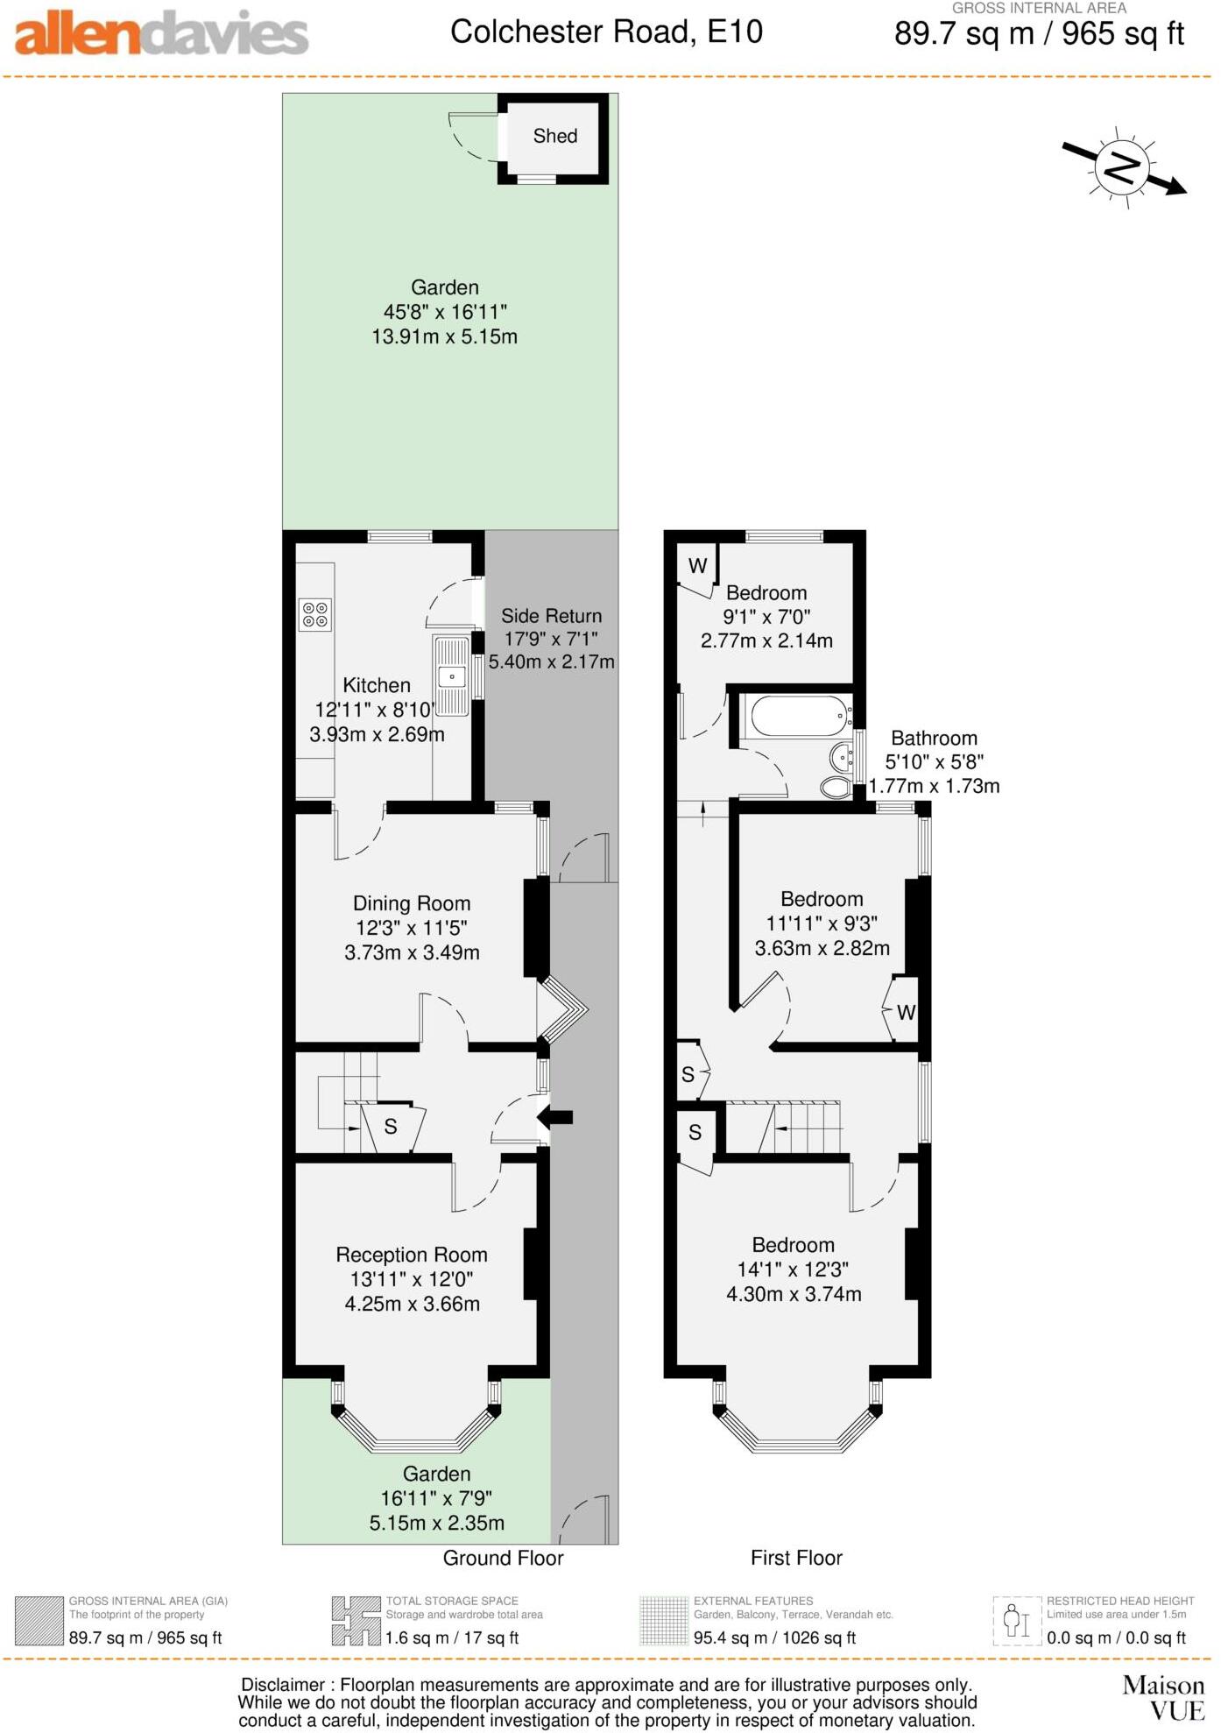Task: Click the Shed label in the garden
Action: pos(554,136)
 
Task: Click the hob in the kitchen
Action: pos(315,614)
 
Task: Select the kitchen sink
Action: pos(452,676)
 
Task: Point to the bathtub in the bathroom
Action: pos(800,716)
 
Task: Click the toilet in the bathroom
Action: pos(836,787)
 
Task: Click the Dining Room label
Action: pos(412,903)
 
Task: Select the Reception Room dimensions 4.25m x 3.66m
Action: pos(412,1304)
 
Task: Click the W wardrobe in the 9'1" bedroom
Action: pos(697,566)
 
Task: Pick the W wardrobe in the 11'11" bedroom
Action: pos(906,1013)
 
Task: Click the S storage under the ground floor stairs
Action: pos(391,1127)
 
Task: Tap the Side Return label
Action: pos(551,616)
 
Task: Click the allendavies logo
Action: pos(162,35)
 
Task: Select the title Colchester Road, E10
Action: pos(606,32)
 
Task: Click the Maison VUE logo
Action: pos(1163,1699)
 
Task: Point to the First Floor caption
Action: pos(796,1558)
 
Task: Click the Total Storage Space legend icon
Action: pos(356,1621)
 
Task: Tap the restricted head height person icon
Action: pos(1016,1621)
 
